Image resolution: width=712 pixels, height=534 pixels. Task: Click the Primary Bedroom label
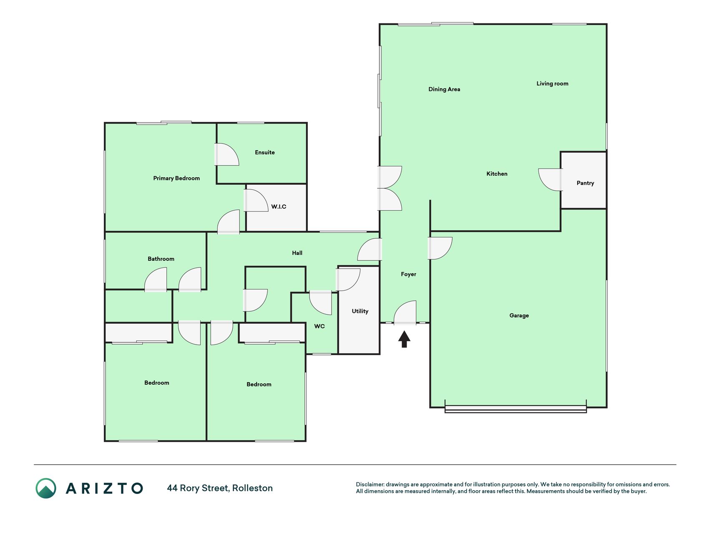pos(176,178)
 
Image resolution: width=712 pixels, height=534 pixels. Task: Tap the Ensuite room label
pos(265,152)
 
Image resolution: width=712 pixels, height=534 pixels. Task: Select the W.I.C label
pos(279,207)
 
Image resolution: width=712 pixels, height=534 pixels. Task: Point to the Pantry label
pos(585,183)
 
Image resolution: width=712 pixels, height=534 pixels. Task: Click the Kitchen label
pos(497,174)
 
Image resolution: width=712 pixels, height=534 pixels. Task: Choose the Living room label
pos(552,83)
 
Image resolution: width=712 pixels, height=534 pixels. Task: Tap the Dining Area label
pos(444,89)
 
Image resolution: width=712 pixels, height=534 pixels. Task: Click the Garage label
pos(519,315)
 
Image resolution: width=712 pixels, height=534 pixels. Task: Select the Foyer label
pos(408,274)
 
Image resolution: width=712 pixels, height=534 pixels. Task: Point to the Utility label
pos(360,311)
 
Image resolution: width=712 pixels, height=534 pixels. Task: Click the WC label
pos(320,326)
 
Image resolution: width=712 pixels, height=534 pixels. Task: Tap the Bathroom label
pos(161,259)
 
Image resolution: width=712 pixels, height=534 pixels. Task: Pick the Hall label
pos(297,253)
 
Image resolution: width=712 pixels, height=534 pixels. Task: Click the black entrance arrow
pos(404,339)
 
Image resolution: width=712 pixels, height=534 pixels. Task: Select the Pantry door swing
pos(550,180)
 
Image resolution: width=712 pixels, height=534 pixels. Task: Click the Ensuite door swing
pos(227,154)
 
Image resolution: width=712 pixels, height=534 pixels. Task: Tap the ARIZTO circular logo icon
pos(46,488)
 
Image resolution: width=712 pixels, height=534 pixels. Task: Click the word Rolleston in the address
pos(252,488)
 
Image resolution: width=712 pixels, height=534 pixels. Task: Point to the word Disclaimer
pos(370,484)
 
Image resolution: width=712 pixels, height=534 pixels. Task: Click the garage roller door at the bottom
pos(516,409)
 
